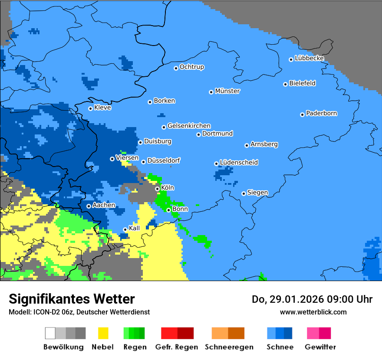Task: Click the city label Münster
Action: coord(227,91)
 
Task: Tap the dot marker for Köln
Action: coord(158,189)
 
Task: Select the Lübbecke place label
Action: coord(309,58)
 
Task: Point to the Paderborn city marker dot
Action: coord(302,115)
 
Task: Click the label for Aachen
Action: coord(104,205)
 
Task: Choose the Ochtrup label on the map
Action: coord(192,67)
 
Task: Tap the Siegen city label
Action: coord(257,193)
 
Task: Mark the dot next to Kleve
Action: coord(90,108)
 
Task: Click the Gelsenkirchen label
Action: coord(189,126)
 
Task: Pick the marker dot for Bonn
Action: coord(169,210)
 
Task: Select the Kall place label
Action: coord(135,228)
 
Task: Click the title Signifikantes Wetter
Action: coord(72,299)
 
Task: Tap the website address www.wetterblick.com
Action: coord(313,312)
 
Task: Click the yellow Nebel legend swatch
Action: coord(103,333)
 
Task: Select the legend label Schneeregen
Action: coord(228,347)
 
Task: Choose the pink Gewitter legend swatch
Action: coord(313,333)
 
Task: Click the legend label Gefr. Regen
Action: coord(177,347)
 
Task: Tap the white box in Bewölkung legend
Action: coord(50,333)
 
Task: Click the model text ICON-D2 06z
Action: coord(53,312)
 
